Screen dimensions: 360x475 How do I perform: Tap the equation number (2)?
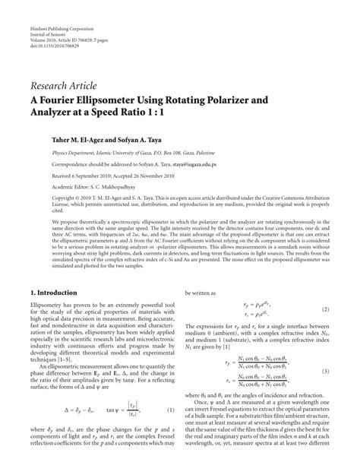click(324, 310)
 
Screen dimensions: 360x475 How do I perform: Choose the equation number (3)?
click(324, 371)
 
